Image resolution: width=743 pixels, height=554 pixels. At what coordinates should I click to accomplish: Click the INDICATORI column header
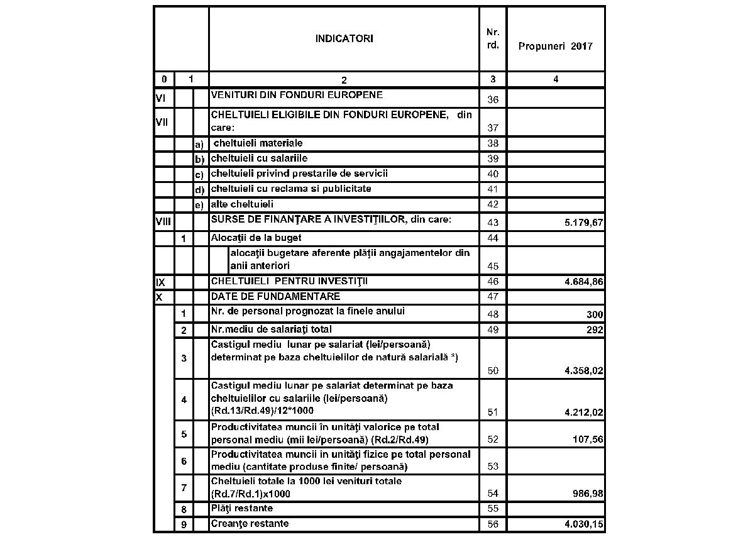coord(344,38)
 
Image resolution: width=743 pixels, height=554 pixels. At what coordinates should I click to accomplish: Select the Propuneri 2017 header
coord(555,47)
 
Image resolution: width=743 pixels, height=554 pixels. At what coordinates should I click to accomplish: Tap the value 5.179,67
coord(581,223)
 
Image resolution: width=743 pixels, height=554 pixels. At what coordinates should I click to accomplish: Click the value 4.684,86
coord(581,283)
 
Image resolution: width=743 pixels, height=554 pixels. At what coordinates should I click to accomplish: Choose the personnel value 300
coord(595,314)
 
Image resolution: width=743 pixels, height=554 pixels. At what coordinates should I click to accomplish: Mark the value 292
coord(595,330)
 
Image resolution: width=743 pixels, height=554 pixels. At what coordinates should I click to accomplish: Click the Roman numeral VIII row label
coord(163,221)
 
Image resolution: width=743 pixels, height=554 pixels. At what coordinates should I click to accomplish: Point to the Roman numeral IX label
coord(160,282)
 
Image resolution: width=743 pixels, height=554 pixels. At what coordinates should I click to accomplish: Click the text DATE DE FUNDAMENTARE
coord(275,296)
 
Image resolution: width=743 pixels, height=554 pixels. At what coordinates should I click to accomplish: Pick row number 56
coord(493,524)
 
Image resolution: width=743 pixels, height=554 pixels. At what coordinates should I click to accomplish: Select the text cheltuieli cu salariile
coord(259,158)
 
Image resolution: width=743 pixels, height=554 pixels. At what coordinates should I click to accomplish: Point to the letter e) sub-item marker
coord(199,205)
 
